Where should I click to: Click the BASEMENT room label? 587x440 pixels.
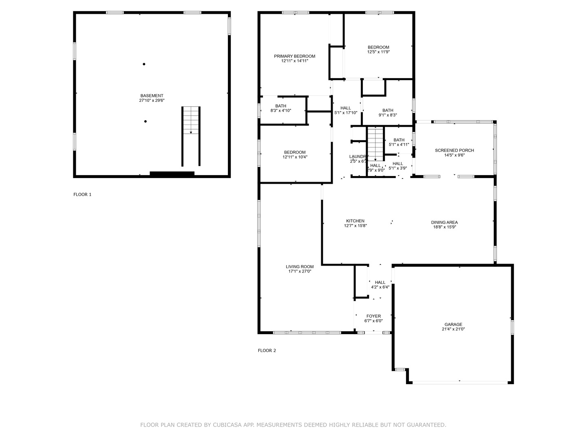152,96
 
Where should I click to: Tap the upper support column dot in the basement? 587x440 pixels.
144,64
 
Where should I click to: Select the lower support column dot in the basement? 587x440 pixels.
145,121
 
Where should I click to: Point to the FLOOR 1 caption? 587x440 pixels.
82,194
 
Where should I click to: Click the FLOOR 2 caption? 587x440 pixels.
267,350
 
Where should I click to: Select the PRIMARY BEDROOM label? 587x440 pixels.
294,56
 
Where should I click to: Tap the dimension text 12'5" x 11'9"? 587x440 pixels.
378,52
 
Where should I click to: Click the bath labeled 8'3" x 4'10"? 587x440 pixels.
281,108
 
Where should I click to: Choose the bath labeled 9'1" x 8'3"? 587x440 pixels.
388,112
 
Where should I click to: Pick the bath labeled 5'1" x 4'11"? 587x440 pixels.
399,142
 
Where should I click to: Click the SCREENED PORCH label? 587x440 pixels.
454,150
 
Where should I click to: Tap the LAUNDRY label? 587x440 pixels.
358,157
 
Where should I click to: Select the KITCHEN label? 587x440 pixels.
355,221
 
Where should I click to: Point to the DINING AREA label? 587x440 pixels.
444,222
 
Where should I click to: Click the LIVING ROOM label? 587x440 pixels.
300,267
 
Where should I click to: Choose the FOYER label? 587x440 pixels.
373,316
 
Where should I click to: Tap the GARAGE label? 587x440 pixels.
453,325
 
